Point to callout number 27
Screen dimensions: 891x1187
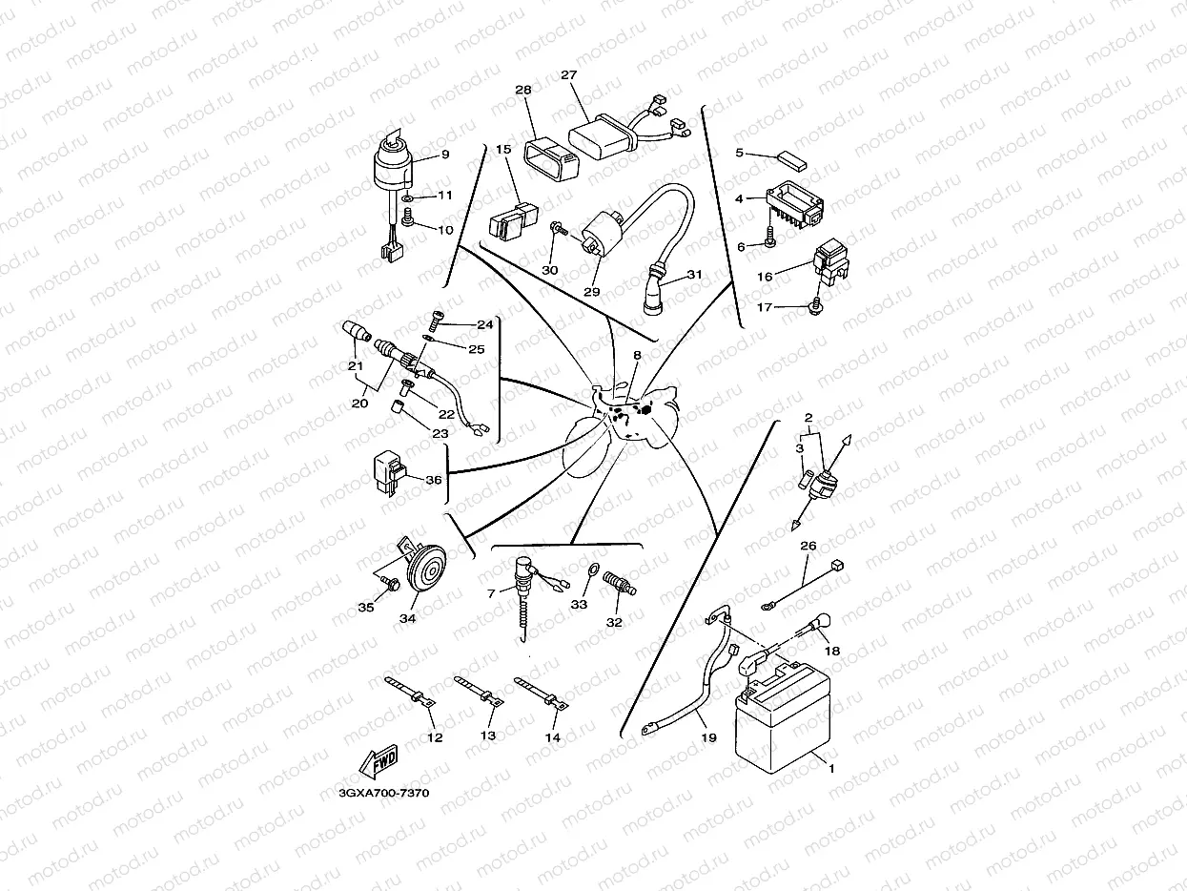click(x=569, y=74)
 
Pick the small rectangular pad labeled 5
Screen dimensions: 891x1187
click(x=791, y=157)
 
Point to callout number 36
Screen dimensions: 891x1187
click(x=434, y=480)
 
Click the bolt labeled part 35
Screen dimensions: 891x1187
click(x=388, y=583)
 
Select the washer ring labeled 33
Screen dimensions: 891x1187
click(x=591, y=570)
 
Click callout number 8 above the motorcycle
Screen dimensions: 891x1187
click(x=637, y=355)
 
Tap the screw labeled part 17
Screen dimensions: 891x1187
click(x=816, y=305)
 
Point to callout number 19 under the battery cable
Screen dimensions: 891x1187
click(x=707, y=737)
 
